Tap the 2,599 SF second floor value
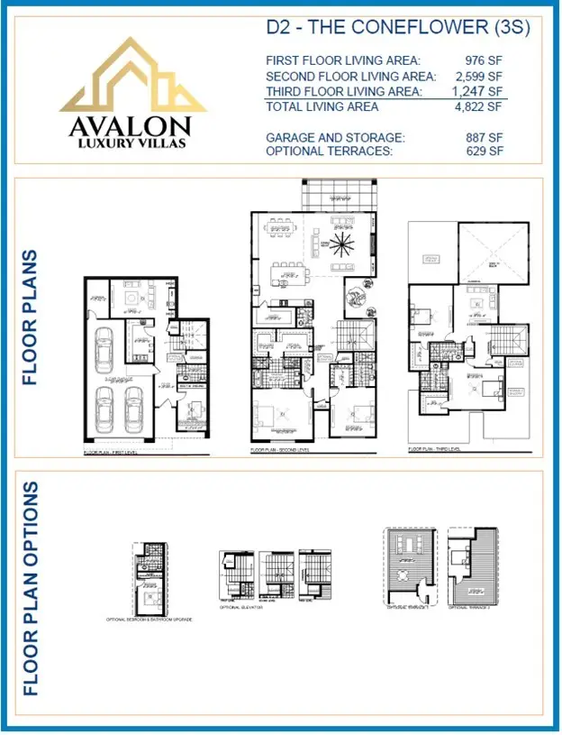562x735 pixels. pyautogui.click(x=476, y=77)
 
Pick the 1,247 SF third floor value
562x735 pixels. pyautogui.click(x=476, y=92)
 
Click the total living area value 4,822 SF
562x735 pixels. pyautogui.click(x=476, y=107)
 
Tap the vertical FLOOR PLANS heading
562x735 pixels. pyautogui.click(x=31, y=317)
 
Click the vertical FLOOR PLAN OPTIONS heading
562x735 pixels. pyautogui.click(x=31, y=588)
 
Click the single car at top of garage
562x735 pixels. pyautogui.click(x=104, y=353)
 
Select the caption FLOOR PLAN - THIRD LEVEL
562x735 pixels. pyautogui.click(x=435, y=448)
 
